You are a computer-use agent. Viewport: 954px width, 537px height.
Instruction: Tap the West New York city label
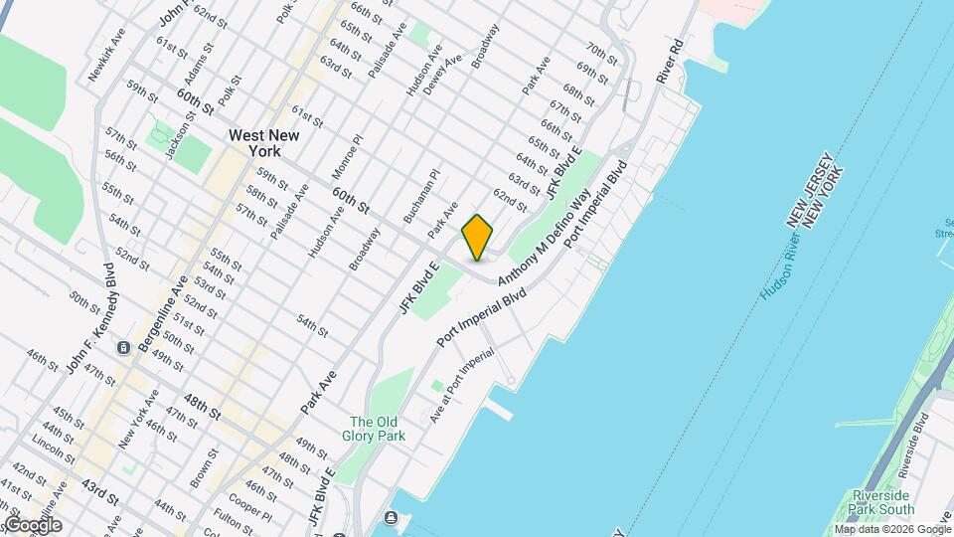point(254,143)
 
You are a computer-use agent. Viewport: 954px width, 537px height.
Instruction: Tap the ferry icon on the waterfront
point(390,517)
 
